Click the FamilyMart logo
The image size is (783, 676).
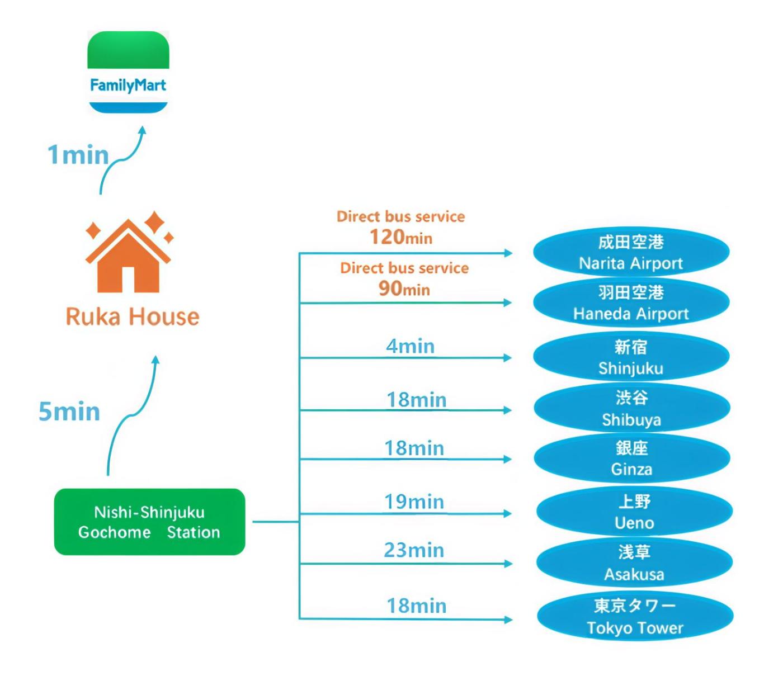[x=128, y=72]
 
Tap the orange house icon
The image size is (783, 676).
[x=129, y=257]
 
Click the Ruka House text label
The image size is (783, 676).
[x=133, y=316]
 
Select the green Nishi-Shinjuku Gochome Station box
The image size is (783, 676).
[x=149, y=522]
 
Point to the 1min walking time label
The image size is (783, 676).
[x=78, y=155]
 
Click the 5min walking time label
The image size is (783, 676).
[x=69, y=412]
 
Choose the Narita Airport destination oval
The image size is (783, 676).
[x=631, y=252]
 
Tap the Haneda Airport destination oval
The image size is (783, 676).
[x=631, y=302]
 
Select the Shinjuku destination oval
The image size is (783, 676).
[x=631, y=357]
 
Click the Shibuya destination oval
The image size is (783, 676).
[x=631, y=408]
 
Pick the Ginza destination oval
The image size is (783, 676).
[x=631, y=458]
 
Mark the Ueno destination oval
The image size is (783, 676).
[x=634, y=512]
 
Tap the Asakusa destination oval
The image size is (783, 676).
[x=634, y=562]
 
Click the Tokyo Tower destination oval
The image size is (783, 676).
[x=635, y=616]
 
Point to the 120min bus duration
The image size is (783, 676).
[x=401, y=237]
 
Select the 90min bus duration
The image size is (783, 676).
[x=404, y=289]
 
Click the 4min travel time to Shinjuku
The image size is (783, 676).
[x=410, y=346]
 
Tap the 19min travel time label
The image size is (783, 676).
[x=414, y=502]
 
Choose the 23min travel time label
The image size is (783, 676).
[x=414, y=550]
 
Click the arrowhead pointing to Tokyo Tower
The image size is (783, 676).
[x=507, y=619]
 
